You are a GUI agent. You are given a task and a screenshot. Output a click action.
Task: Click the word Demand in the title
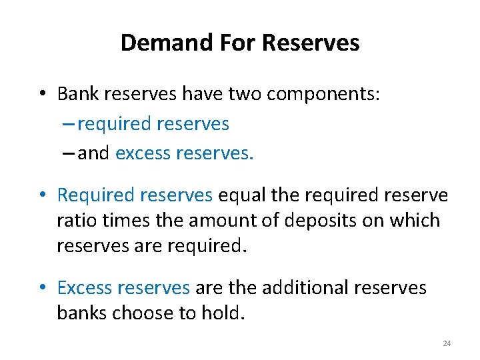click(x=155, y=43)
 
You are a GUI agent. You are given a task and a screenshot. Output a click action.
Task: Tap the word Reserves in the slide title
click(x=311, y=43)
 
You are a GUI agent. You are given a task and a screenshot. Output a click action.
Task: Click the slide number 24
click(x=447, y=343)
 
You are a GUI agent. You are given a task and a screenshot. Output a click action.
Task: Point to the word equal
click(x=241, y=195)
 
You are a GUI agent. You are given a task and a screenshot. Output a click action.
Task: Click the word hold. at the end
click(x=221, y=312)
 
